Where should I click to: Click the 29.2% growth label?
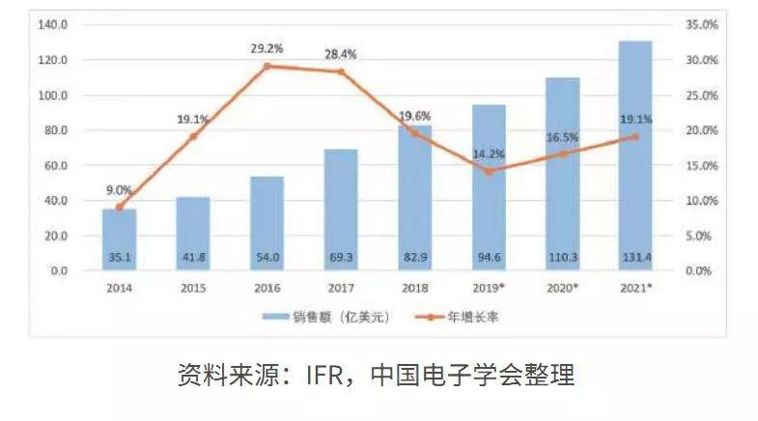pyautogui.click(x=267, y=46)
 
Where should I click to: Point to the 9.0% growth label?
pyautogui.click(x=119, y=190)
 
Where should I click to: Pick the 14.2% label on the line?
pyautogui.click(x=488, y=153)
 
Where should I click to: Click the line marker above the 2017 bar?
pyautogui.click(x=340, y=71)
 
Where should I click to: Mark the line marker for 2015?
pyautogui.click(x=193, y=136)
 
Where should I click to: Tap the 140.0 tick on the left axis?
pyautogui.click(x=52, y=25)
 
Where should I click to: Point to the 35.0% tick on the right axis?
pyautogui.click(x=702, y=25)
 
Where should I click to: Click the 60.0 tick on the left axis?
pyautogui.click(x=52, y=165)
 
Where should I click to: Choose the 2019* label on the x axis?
pyautogui.click(x=489, y=288)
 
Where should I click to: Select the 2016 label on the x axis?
pyautogui.click(x=267, y=288)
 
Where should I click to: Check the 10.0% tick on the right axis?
pyautogui.click(x=702, y=201)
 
